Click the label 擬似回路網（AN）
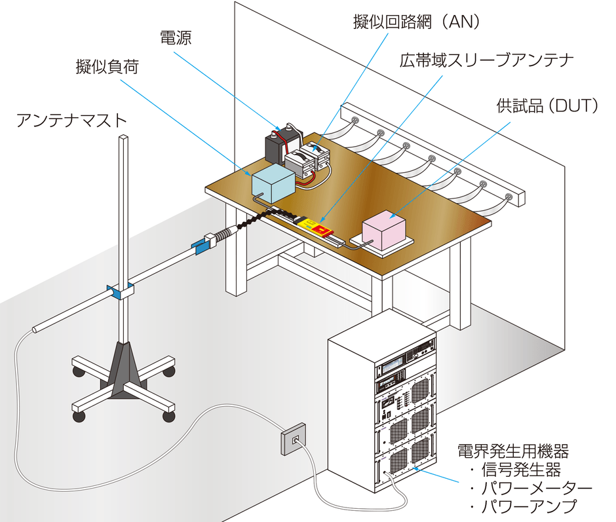(x=417, y=22)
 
